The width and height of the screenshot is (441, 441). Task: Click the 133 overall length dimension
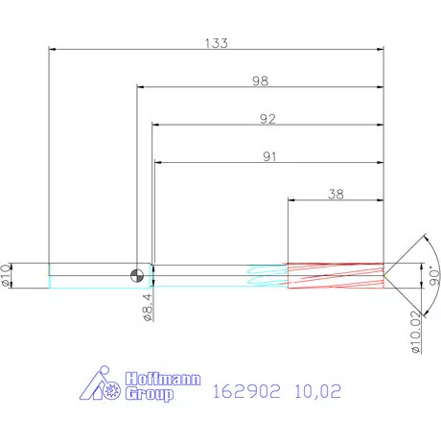[216, 42]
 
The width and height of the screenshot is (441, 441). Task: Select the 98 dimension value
[260, 82]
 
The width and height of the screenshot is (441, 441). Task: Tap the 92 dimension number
[267, 120]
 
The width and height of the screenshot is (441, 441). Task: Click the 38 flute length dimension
[336, 193]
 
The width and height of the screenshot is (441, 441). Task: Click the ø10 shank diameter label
[8, 275]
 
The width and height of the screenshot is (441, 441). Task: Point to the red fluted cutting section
[336, 276]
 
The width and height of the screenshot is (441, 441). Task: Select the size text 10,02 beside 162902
[315, 391]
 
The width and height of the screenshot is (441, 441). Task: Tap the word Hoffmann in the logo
[160, 380]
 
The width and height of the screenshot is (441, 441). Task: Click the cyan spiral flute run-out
[267, 276]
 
